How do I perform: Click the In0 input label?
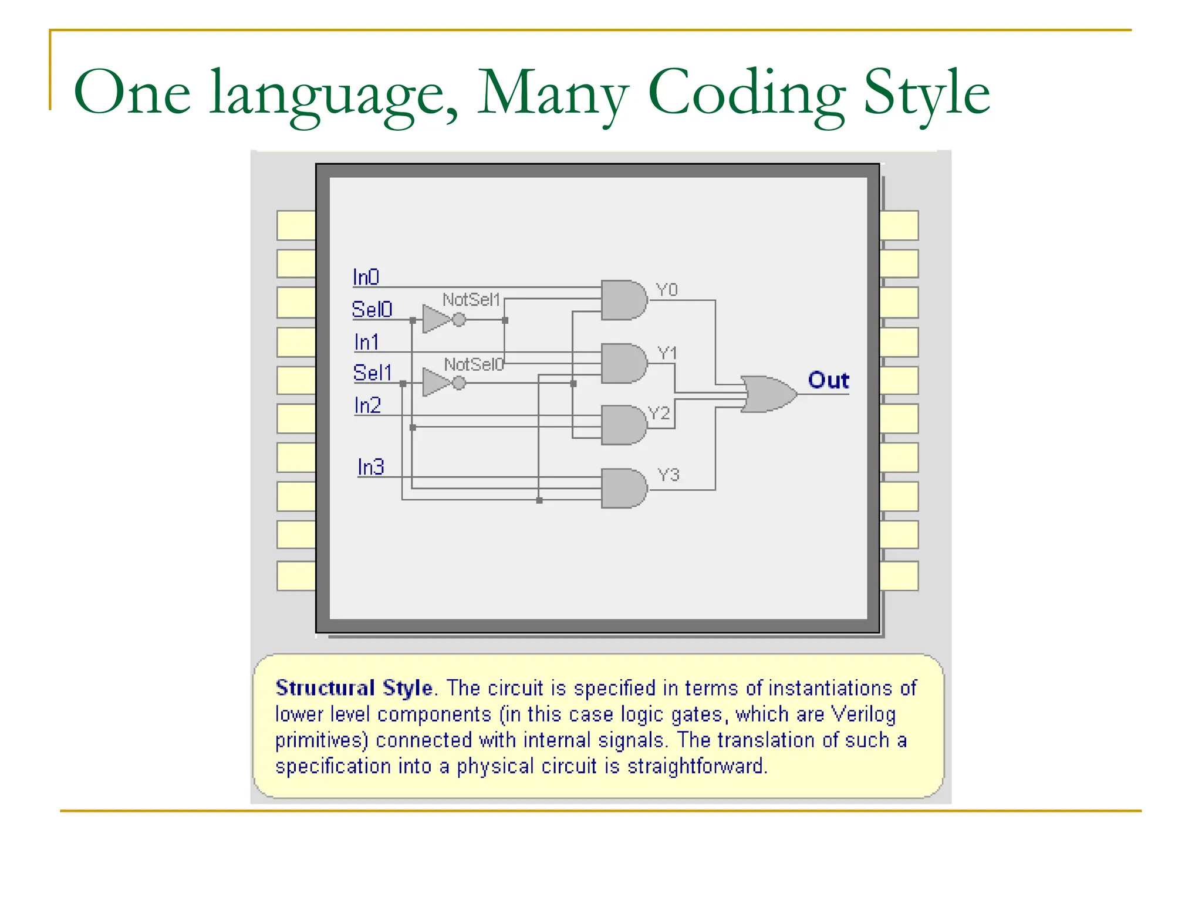coord(366,277)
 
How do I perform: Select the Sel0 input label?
coord(372,309)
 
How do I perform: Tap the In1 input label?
coord(366,341)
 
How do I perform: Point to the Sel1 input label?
coord(372,372)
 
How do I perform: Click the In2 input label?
coord(367,405)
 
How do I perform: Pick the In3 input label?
coord(370,467)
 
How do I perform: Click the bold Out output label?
coord(828,380)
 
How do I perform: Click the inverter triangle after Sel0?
coord(435,320)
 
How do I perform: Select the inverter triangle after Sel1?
coord(435,382)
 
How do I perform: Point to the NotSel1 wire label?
coord(471,300)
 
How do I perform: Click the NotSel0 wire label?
coord(473,364)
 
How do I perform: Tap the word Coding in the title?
coord(746,93)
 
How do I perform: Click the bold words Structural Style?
coord(354,687)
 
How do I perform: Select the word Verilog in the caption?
coord(863,714)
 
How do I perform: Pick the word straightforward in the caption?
coord(697,766)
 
